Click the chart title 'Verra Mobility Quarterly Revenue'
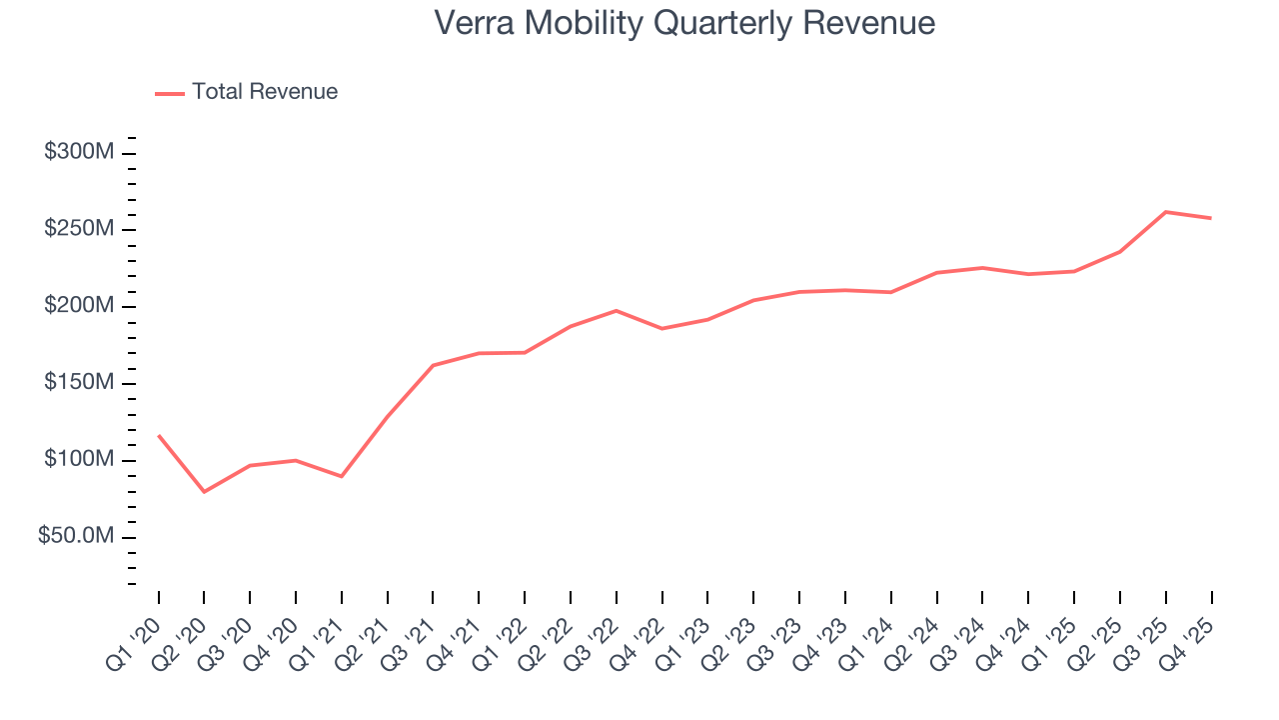(x=684, y=23)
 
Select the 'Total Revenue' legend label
(x=265, y=92)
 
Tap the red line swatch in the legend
(x=170, y=93)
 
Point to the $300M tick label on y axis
(x=79, y=153)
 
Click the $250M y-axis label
(x=79, y=230)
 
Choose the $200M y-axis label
(x=79, y=306)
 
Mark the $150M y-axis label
(x=79, y=384)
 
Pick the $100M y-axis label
(x=79, y=460)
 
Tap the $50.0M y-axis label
(x=76, y=537)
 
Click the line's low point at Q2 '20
(x=204, y=492)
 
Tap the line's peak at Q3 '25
(x=1165, y=212)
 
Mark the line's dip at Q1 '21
(x=342, y=476)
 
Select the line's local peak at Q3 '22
(x=616, y=310)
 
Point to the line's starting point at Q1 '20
(x=158, y=435)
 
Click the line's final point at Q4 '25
(x=1211, y=218)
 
